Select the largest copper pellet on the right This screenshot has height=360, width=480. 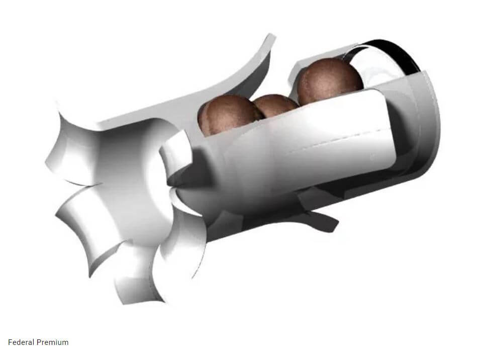pyautogui.click(x=329, y=80)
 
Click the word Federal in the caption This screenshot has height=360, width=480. pyautogui.click(x=21, y=342)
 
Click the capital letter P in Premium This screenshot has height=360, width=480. pyautogui.click(x=39, y=342)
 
